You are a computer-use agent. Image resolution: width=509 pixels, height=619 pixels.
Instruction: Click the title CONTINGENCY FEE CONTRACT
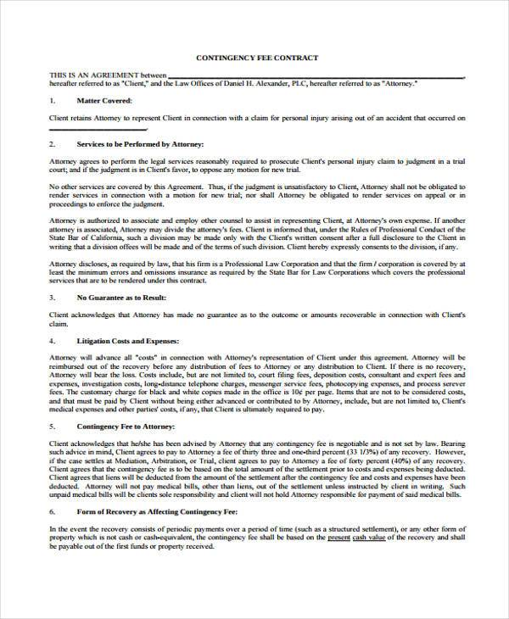tap(257, 58)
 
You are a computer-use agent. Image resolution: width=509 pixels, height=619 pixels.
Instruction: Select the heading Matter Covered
tap(103, 99)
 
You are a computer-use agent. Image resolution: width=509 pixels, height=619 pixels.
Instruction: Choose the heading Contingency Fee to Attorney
tap(126, 426)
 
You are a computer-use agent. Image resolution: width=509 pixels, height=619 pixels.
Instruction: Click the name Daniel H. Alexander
tap(257, 84)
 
